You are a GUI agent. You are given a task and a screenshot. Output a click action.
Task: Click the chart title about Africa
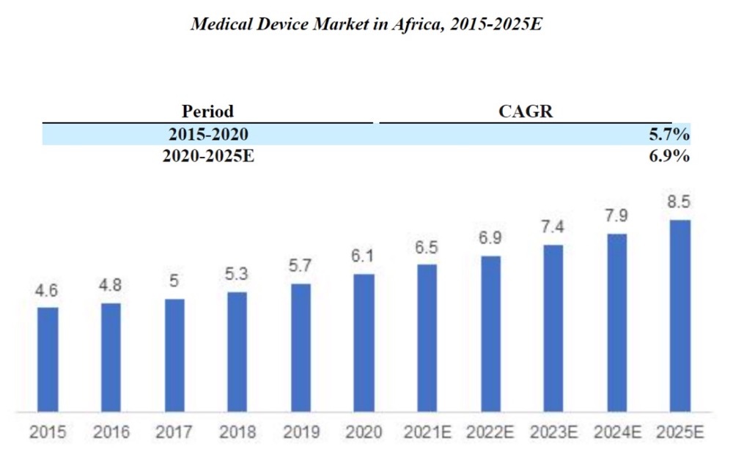(366, 23)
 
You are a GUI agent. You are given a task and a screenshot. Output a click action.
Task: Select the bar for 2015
(48, 359)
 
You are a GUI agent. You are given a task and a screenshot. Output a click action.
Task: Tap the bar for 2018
(237, 352)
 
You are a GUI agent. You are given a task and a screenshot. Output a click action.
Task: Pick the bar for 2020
(364, 343)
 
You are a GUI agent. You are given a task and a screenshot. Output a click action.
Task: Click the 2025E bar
(680, 315)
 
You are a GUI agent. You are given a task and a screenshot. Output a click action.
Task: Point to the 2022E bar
(490, 333)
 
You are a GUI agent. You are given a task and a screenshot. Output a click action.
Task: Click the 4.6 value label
(48, 292)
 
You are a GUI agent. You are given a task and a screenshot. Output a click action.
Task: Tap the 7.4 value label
(553, 228)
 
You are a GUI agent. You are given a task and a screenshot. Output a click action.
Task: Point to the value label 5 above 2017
(174, 281)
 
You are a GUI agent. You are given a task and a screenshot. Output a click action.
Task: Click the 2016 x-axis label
(111, 433)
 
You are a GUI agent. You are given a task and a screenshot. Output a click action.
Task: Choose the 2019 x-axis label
(301, 433)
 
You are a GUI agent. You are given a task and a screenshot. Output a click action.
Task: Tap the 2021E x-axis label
(427, 433)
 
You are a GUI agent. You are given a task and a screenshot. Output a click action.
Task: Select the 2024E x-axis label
(617, 433)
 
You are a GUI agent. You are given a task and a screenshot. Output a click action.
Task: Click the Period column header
(207, 111)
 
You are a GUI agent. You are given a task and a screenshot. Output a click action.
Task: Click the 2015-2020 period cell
(207, 134)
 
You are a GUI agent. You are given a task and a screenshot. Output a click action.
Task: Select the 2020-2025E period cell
(207, 156)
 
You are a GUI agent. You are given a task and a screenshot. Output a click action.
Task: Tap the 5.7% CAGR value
(669, 134)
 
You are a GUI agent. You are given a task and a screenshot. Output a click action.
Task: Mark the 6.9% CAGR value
(669, 156)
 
